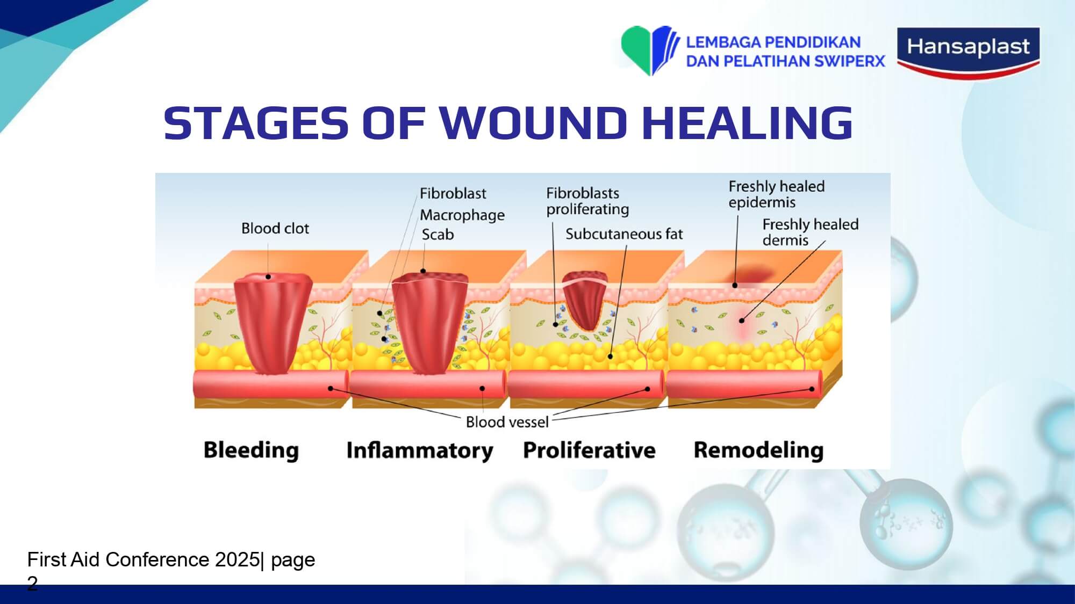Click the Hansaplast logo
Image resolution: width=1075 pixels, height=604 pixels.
969,53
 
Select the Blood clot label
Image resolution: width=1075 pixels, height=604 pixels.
275,229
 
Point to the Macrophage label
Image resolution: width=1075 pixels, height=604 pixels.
462,215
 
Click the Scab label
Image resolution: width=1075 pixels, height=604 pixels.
438,235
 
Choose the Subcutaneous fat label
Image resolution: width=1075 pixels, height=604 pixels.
624,234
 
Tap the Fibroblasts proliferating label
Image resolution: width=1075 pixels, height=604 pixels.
587,201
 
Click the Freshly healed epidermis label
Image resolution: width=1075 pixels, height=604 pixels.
777,194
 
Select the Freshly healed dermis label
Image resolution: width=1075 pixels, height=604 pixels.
811,232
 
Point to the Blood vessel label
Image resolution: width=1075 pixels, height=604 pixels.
507,422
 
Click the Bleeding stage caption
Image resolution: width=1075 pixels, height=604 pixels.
251,450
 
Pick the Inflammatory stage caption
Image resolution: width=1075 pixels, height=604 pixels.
420,450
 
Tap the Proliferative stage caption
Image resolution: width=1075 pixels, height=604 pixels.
589,450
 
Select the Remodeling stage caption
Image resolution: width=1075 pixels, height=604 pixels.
758,450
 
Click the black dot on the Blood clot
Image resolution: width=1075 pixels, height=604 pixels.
268,277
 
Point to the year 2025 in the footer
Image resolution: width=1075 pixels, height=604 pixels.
238,559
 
